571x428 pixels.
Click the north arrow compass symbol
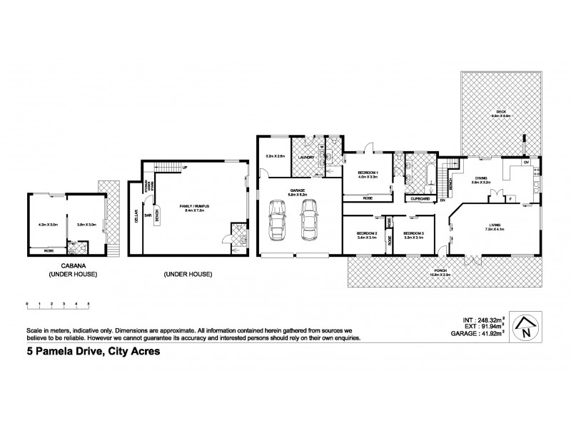coord(527,327)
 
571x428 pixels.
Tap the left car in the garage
coord(276,223)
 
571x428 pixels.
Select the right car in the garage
coord(308,223)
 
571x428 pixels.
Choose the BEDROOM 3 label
coord(413,233)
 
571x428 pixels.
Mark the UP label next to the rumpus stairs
coord(186,168)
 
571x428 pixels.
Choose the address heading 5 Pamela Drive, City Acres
coord(82,350)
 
